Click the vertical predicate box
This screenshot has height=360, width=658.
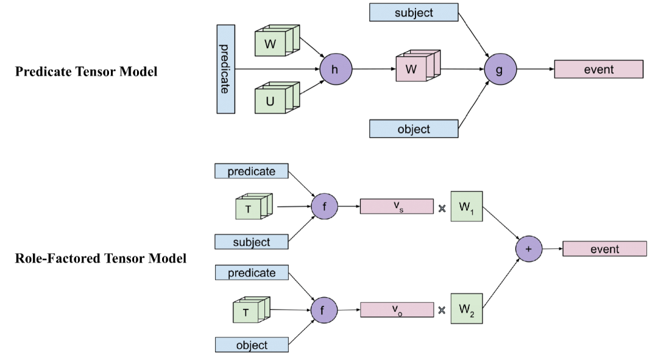225,69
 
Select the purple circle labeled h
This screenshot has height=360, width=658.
334,69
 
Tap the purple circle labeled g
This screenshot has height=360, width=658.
500,69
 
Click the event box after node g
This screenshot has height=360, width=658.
598,69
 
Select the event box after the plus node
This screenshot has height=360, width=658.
604,249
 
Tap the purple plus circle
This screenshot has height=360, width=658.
528,249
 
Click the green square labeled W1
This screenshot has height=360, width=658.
467,206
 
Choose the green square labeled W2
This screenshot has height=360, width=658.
467,309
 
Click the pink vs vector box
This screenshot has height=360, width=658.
397,206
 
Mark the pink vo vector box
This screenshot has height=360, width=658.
397,309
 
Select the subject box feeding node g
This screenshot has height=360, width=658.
414,12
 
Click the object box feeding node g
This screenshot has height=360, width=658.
414,129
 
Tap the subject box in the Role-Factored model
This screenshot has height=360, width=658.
252,242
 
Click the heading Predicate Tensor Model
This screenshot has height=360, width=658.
87,72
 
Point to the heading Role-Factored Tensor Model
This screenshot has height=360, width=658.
101,258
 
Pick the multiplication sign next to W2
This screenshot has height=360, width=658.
442,310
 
